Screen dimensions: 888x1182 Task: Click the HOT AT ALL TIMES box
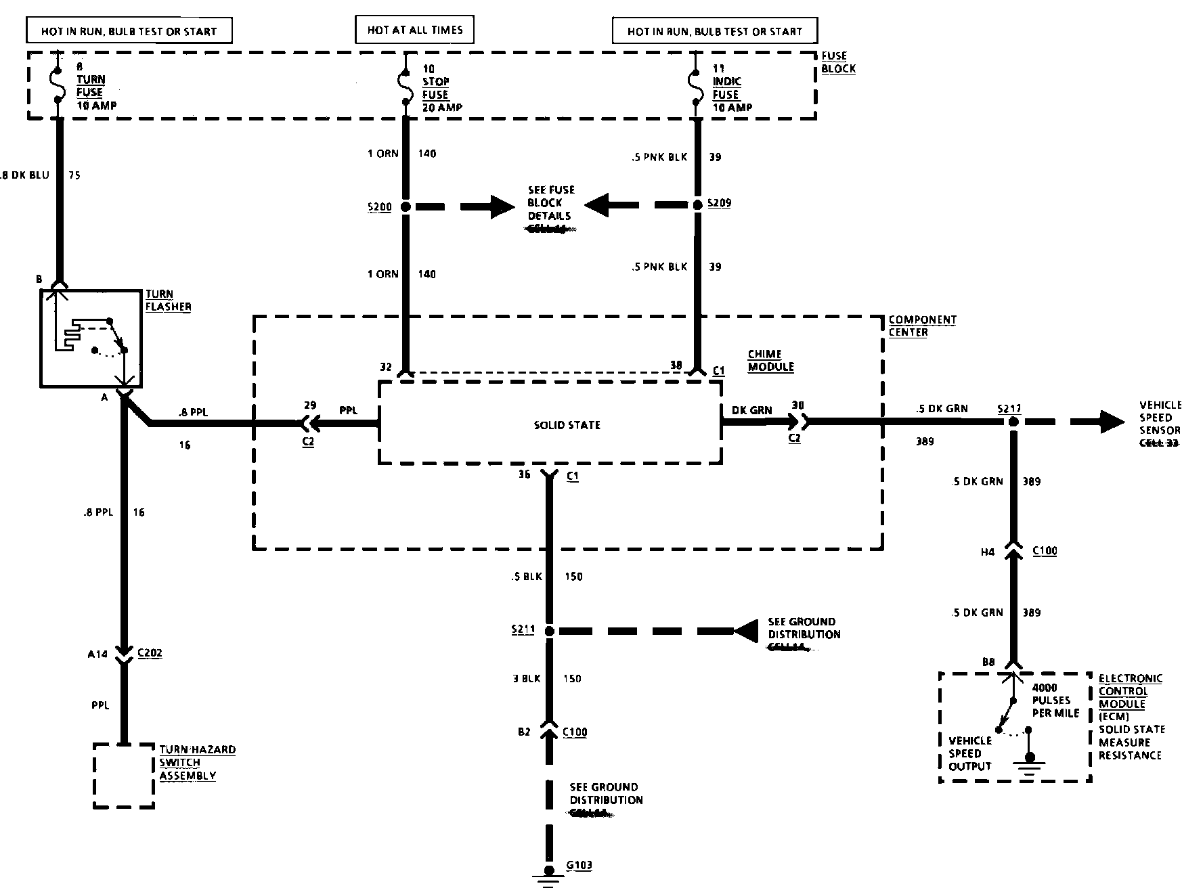pos(414,30)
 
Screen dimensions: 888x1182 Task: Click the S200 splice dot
pos(406,207)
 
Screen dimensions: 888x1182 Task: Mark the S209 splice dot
pos(697,204)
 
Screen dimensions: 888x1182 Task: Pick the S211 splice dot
pos(549,631)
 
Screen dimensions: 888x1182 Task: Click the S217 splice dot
pos(1013,422)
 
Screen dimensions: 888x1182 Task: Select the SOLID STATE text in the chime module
pos(567,425)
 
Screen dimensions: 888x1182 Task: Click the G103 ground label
pos(579,864)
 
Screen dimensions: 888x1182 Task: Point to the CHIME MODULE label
pos(770,360)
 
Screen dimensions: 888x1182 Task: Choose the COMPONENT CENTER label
pos(922,326)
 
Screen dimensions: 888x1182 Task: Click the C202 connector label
pos(149,653)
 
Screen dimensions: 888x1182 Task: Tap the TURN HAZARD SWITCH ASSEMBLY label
pos(197,763)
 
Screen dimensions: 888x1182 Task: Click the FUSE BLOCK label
pos(838,62)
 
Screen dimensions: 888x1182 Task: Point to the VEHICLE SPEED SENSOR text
pos(1160,417)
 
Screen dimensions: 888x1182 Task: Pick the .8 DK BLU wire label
pos(25,175)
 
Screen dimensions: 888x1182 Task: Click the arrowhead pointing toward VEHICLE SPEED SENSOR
pos(1113,422)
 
